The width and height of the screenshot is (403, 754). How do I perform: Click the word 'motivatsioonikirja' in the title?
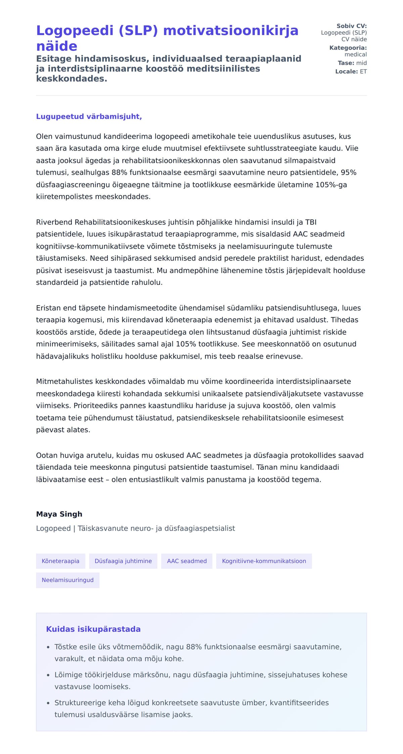[x=231, y=31]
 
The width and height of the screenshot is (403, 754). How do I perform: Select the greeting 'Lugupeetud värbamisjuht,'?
[x=89, y=116]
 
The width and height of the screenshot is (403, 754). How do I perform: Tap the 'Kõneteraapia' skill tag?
[x=60, y=561]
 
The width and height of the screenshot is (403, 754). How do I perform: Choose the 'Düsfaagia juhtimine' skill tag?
[x=123, y=561]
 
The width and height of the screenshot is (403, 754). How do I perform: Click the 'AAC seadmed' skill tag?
[x=187, y=561]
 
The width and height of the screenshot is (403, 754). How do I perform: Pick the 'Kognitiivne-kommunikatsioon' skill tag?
[x=264, y=561]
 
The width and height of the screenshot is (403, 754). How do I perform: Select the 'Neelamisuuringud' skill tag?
[x=68, y=580]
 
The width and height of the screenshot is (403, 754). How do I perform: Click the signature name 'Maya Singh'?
[x=59, y=514]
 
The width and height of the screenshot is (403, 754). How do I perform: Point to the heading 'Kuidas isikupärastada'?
[x=93, y=629]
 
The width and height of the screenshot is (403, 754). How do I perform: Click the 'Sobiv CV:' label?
[x=352, y=26]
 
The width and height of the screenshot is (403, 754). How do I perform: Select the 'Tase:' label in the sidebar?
[x=346, y=63]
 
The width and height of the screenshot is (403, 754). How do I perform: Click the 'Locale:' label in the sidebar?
[x=346, y=72]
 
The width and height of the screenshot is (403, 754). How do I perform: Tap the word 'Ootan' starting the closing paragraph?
[x=47, y=455]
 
